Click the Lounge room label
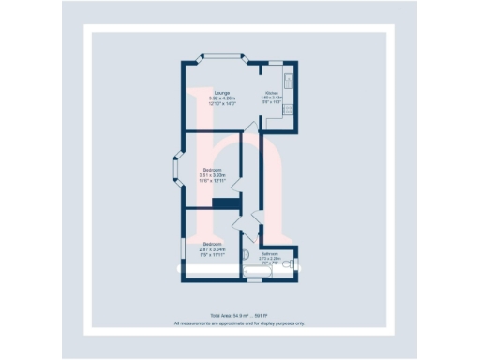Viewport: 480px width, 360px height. [x=222, y=91]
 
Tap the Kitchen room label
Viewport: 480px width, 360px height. [x=272, y=93]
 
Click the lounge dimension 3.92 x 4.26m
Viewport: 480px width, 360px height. [x=222, y=97]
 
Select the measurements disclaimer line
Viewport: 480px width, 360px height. [x=240, y=323]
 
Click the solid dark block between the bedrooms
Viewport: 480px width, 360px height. [x=228, y=203]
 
